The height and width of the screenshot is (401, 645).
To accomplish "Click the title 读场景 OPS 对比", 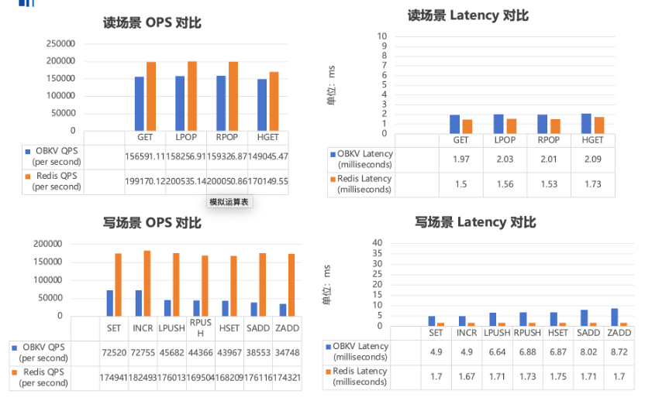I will point(152,22).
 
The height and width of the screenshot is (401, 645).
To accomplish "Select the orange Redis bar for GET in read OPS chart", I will point(151,96).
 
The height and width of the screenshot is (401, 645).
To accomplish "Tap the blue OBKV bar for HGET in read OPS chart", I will point(262,105).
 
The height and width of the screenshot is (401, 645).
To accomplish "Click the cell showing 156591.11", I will point(145,156).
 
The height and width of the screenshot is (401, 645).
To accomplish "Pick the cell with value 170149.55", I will point(268,181).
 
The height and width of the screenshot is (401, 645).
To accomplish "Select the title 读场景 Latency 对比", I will point(467,15).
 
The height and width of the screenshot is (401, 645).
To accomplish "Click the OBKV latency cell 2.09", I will point(592,159).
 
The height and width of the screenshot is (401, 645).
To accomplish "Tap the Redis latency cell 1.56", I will point(504,183).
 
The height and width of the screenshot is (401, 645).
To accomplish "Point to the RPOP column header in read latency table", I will point(548,140).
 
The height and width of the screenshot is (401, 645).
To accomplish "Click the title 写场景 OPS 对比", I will point(152,223).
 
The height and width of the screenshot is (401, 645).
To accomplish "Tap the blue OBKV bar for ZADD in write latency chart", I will point(615,317).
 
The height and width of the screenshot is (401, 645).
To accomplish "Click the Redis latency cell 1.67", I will point(467,376).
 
